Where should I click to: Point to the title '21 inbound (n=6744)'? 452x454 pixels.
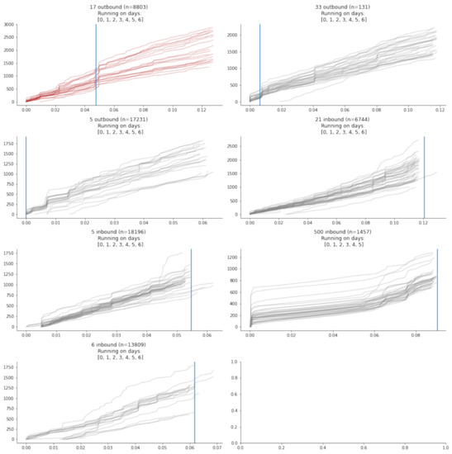[338, 120]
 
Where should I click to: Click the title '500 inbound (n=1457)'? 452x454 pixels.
[338, 233]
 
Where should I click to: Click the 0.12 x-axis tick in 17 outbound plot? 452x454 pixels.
[202, 108]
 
